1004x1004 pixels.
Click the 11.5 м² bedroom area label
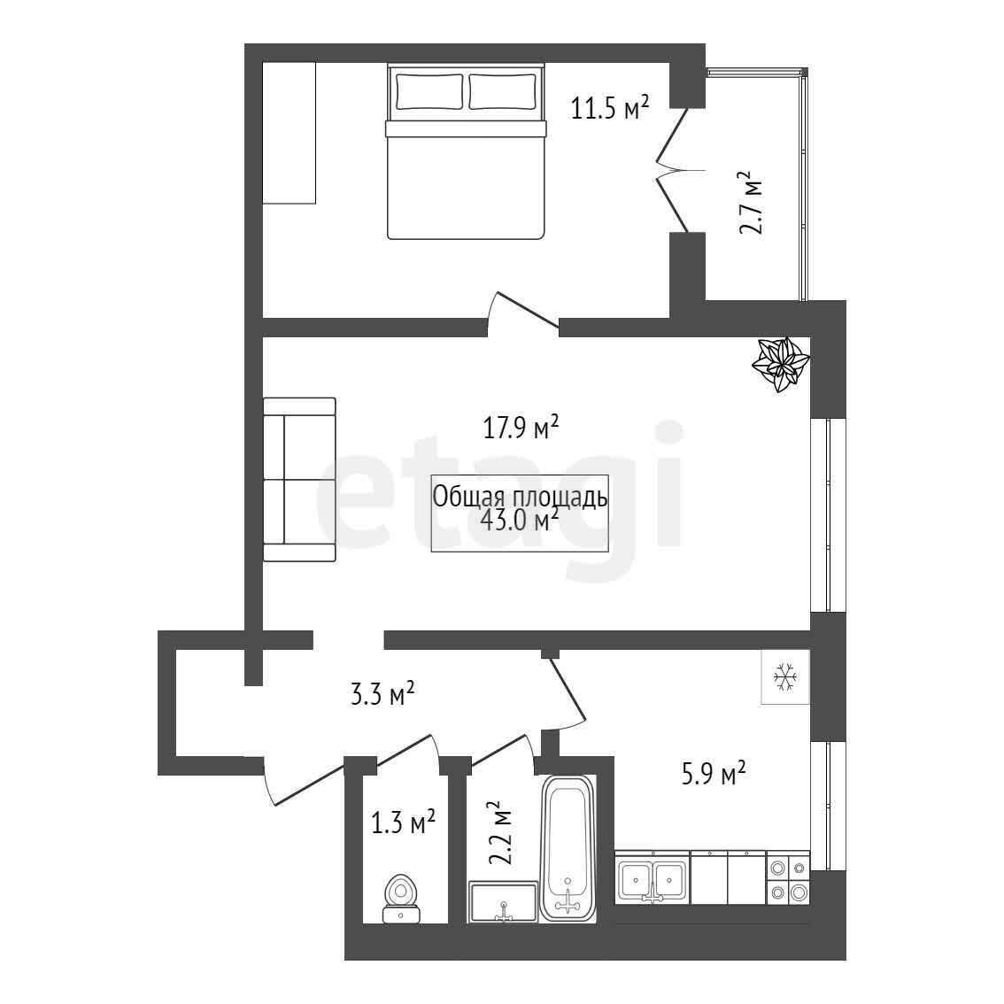coord(609,107)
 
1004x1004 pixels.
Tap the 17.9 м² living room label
coord(521,427)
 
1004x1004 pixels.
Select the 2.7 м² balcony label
coord(751,203)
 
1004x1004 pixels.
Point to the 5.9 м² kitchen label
coord(713,773)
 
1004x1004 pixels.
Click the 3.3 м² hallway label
coord(382,693)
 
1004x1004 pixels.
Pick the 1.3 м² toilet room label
coord(404,823)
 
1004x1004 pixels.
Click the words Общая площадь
coord(520,497)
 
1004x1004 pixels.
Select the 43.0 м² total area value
coord(520,520)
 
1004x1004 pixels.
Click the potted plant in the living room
coord(781,364)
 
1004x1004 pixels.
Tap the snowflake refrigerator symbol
coord(785,676)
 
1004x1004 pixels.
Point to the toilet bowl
coord(401,898)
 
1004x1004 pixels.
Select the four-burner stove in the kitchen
coord(788,880)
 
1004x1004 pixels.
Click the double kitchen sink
coord(653,878)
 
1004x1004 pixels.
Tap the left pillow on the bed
coord(429,91)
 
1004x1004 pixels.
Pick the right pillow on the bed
coord(503,91)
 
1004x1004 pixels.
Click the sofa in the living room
coord(299,480)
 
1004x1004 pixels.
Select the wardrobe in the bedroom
coord(290,133)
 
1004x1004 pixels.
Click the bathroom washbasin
coord(503,902)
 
